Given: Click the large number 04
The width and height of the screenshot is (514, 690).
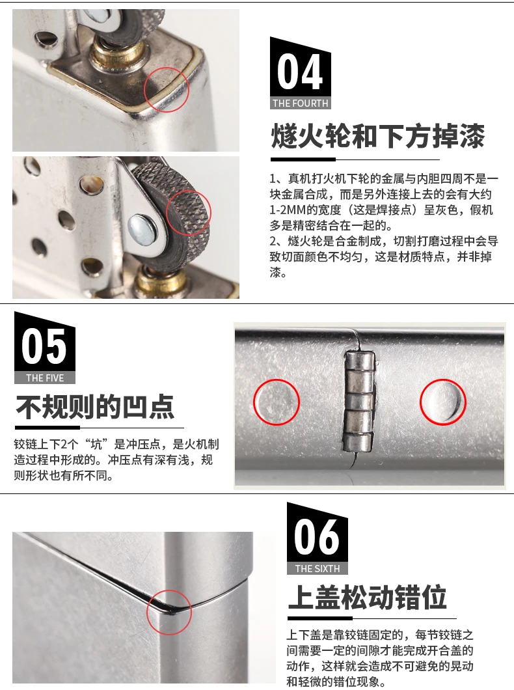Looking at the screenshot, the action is (x=300, y=72).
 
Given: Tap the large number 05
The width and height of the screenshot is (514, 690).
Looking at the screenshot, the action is (x=44, y=346).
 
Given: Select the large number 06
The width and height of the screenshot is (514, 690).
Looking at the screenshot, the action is (x=317, y=537).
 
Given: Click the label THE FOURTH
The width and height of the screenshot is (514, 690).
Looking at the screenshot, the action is (x=301, y=103).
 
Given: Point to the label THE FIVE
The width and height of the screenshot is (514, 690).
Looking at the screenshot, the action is (x=45, y=378).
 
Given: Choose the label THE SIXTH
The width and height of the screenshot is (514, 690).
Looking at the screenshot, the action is (x=318, y=568).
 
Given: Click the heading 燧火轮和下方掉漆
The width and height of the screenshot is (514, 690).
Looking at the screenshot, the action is (x=378, y=136).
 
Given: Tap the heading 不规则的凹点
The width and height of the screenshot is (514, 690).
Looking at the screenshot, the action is (x=95, y=407).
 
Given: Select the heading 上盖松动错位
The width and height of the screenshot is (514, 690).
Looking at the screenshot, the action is (x=368, y=597).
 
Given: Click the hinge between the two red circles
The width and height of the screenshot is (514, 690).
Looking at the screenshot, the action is (x=359, y=402).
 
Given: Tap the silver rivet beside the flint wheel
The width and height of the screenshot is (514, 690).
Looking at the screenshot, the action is (x=142, y=229).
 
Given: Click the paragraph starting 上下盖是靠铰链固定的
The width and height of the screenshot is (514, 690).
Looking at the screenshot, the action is (x=380, y=658).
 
